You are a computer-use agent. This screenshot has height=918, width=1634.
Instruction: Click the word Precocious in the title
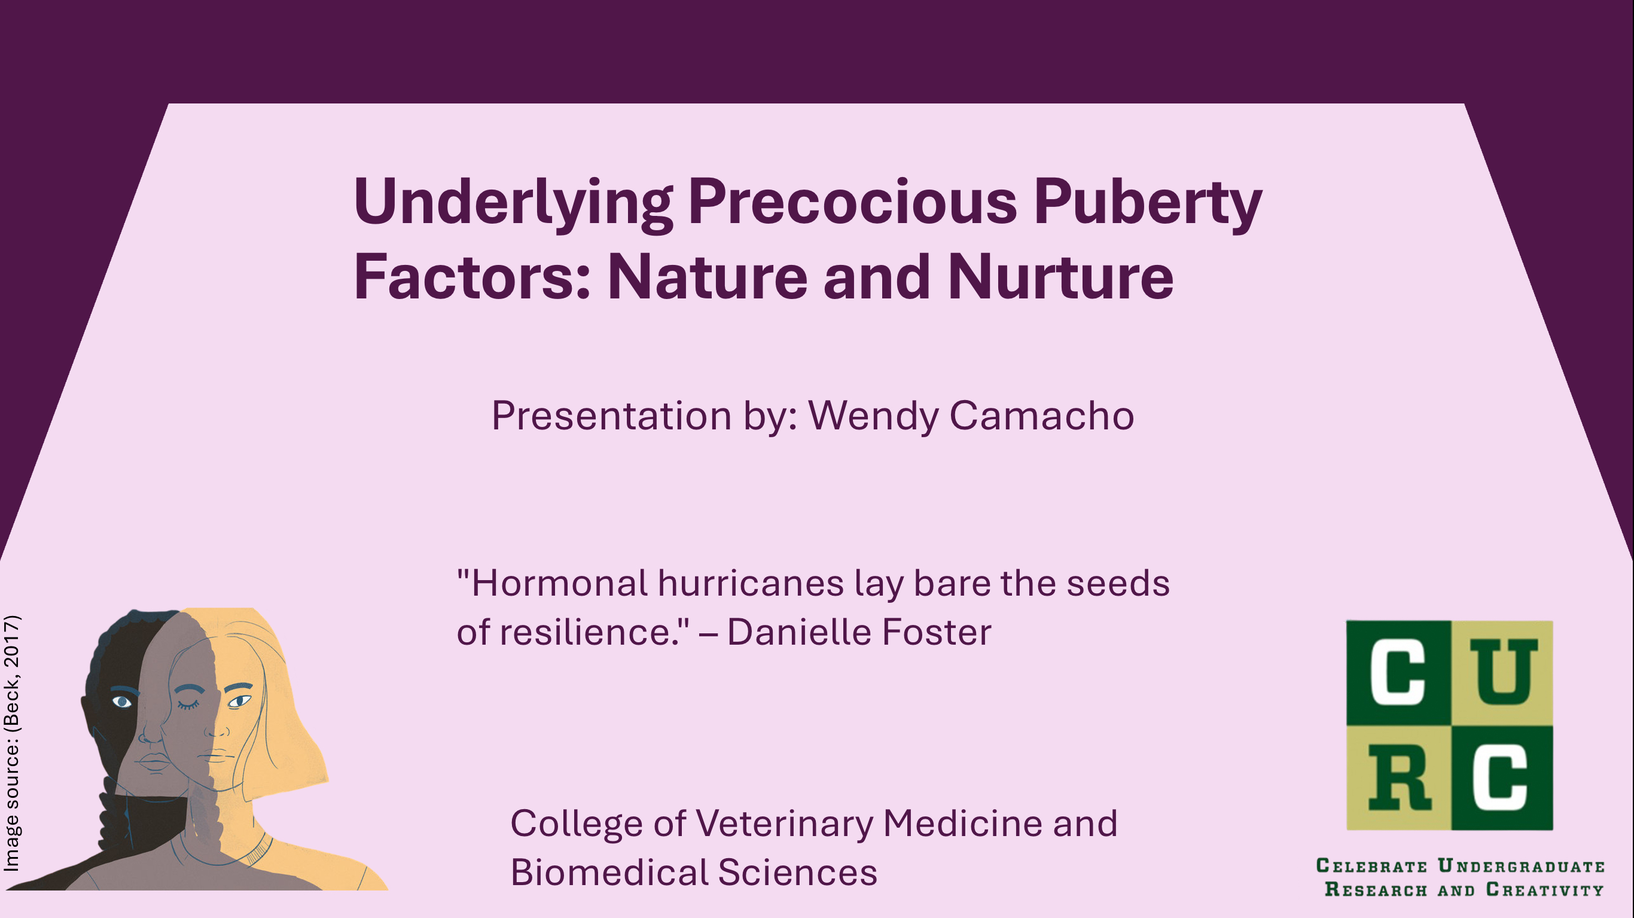coord(852,202)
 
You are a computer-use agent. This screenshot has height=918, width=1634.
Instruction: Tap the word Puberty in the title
coord(1147,202)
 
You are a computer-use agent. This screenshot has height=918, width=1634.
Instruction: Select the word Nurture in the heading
coord(1060,278)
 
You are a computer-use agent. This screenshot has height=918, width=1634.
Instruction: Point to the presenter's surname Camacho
coord(1041,416)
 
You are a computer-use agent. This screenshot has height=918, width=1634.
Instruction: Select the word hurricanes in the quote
coord(751,583)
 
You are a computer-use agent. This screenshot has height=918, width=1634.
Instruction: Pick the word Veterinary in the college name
coord(784,824)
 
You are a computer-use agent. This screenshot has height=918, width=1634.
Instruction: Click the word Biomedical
coord(608,873)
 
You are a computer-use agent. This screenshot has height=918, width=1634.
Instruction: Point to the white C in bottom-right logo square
coord(1501,778)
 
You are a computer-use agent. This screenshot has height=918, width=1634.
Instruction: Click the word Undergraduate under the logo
coord(1521,866)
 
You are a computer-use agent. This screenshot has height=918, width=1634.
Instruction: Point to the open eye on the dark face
coord(121,702)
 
